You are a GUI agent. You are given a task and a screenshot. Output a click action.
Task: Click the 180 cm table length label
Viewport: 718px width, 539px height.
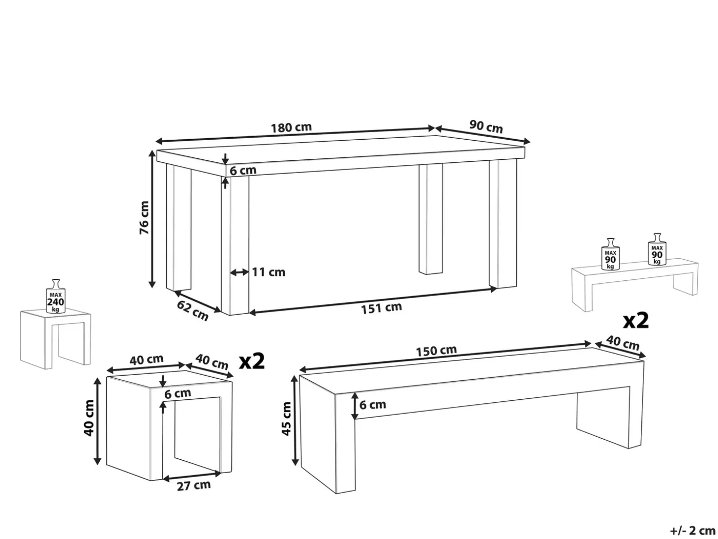pyautogui.click(x=291, y=127)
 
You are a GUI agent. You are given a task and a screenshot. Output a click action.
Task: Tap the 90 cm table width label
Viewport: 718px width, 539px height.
pyautogui.click(x=486, y=126)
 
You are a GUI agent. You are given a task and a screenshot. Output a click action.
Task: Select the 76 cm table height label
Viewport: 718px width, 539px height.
pyautogui.click(x=144, y=217)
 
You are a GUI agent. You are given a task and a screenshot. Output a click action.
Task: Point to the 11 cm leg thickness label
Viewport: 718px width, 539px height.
pyautogui.click(x=269, y=272)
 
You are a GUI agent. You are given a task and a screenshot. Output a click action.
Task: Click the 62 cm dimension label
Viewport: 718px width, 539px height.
pyautogui.click(x=193, y=310)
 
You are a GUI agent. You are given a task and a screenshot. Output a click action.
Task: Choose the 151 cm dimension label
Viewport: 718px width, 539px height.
pyautogui.click(x=381, y=308)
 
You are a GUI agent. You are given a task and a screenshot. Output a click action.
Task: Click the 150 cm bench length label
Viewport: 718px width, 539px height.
pyautogui.click(x=436, y=351)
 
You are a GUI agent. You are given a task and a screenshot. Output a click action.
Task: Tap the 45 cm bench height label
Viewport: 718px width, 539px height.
pyautogui.click(x=286, y=419)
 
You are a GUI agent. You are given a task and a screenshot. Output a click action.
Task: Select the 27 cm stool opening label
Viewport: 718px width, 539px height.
pyautogui.click(x=194, y=485)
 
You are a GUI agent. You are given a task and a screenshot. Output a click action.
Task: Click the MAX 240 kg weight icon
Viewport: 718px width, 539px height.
pyautogui.click(x=56, y=297)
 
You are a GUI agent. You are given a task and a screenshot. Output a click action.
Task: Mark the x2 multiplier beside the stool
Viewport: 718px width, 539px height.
pyautogui.click(x=251, y=361)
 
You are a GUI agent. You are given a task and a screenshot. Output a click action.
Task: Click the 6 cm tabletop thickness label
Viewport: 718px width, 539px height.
pyautogui.click(x=243, y=170)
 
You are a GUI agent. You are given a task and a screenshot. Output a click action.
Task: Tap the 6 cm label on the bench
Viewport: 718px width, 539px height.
pyautogui.click(x=373, y=405)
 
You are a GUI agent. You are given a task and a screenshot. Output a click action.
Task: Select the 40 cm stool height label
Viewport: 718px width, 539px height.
pyautogui.click(x=89, y=419)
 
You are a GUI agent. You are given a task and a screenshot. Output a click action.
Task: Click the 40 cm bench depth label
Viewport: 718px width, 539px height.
pyautogui.click(x=623, y=343)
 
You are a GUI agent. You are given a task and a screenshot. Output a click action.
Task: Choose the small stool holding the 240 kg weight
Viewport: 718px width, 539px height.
pyautogui.click(x=56, y=340)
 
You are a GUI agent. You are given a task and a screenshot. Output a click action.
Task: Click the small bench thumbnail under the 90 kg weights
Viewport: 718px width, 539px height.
pyautogui.click(x=634, y=284)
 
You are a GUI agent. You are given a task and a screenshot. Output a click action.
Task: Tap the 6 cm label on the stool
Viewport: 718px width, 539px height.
pyautogui.click(x=178, y=393)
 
